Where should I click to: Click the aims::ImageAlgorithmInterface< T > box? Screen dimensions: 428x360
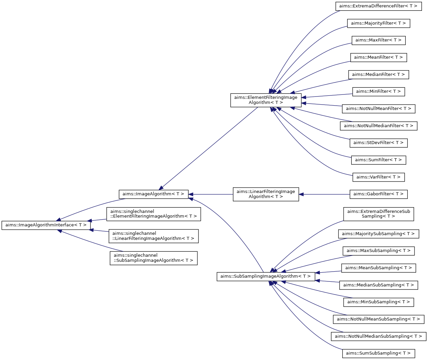(x=46, y=225)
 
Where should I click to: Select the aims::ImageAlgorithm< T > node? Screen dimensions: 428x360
(x=154, y=194)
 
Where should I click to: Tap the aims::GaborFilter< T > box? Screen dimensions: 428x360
(x=378, y=194)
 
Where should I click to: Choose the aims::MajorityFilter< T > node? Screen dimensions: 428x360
(x=378, y=23)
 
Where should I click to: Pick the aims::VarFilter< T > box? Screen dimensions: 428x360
(x=378, y=177)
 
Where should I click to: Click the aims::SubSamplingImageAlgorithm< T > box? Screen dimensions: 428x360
(x=266, y=276)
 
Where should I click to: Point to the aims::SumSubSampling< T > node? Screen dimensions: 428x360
(x=378, y=354)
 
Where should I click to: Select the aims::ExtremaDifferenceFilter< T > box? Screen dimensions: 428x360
(x=378, y=6)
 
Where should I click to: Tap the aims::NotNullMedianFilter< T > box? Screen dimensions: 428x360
(x=378, y=126)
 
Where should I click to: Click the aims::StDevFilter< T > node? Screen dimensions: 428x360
(x=378, y=143)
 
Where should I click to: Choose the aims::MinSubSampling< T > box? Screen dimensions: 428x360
(x=378, y=302)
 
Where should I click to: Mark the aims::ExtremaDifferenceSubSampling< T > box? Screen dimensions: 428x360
(x=378, y=214)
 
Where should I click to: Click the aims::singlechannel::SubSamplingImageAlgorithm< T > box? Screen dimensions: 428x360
(x=154, y=258)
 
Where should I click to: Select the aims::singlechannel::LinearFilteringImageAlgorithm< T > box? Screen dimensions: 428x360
(x=154, y=236)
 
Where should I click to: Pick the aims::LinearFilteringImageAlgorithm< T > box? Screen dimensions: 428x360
(x=266, y=194)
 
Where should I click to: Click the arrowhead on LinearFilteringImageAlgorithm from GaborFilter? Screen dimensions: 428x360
(x=301, y=194)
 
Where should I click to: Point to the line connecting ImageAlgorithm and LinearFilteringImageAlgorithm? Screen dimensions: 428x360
(x=211, y=194)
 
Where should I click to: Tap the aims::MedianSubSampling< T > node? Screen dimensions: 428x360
(x=378, y=285)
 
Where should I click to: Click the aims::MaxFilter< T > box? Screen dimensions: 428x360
(x=378, y=40)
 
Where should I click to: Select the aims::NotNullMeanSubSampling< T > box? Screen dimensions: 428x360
(x=378, y=319)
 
